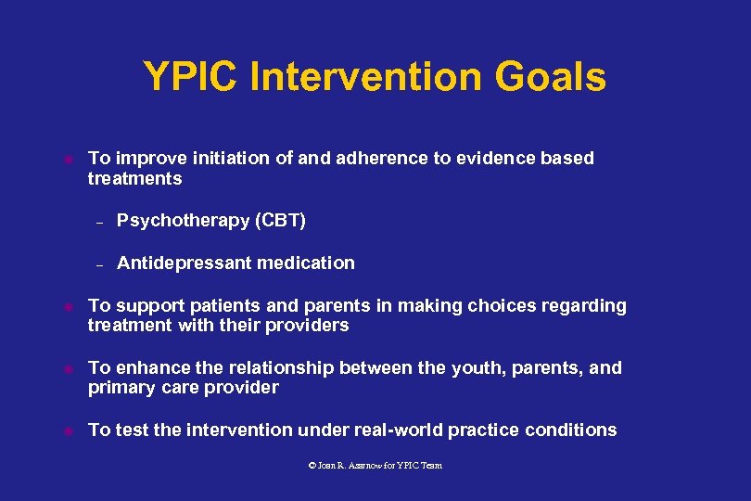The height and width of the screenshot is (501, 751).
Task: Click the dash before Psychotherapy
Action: click(x=97, y=222)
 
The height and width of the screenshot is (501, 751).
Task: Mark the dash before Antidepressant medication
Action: click(x=97, y=264)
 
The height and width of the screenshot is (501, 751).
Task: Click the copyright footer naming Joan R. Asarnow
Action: click(x=375, y=465)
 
